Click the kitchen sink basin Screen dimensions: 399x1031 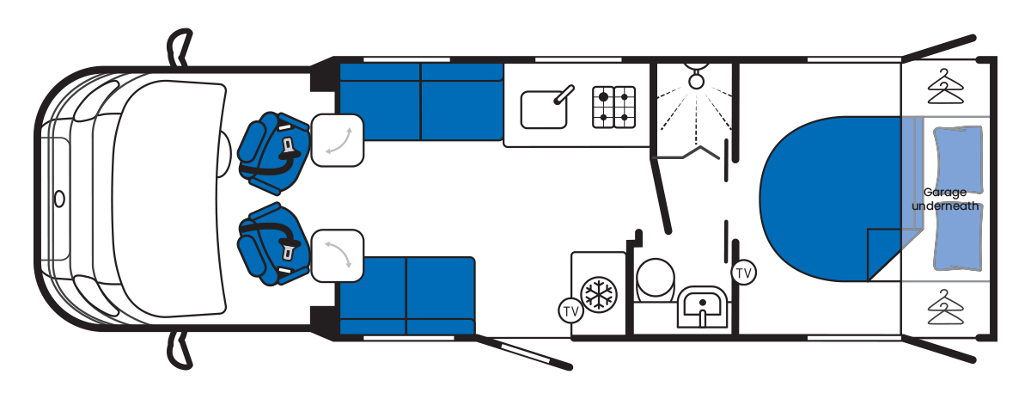pyautogui.click(x=543, y=110)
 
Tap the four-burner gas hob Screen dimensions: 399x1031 pyautogui.click(x=613, y=107)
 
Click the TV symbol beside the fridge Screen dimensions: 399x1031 pyautogui.click(x=570, y=310)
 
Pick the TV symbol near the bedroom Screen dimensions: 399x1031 pyautogui.click(x=744, y=273)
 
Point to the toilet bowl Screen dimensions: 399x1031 pyautogui.click(x=656, y=279)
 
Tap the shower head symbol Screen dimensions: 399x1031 pyautogui.click(x=694, y=77)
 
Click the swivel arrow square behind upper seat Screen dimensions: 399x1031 pyautogui.click(x=337, y=139)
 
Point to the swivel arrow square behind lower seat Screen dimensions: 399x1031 pyautogui.click(x=337, y=255)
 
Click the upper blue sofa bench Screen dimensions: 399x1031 pyautogui.click(x=420, y=101)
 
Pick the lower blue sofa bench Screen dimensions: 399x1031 pyautogui.click(x=407, y=294)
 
